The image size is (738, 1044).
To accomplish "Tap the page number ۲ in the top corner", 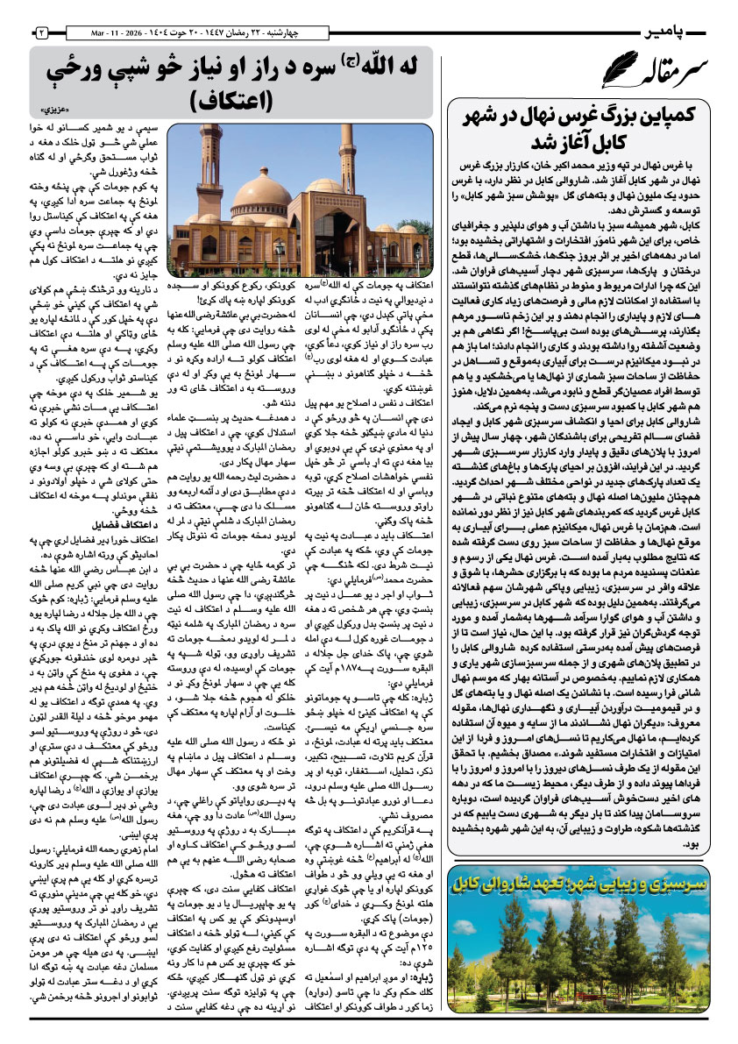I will pos(42,32).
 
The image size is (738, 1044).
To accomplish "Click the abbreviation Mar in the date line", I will pos(99,32).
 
